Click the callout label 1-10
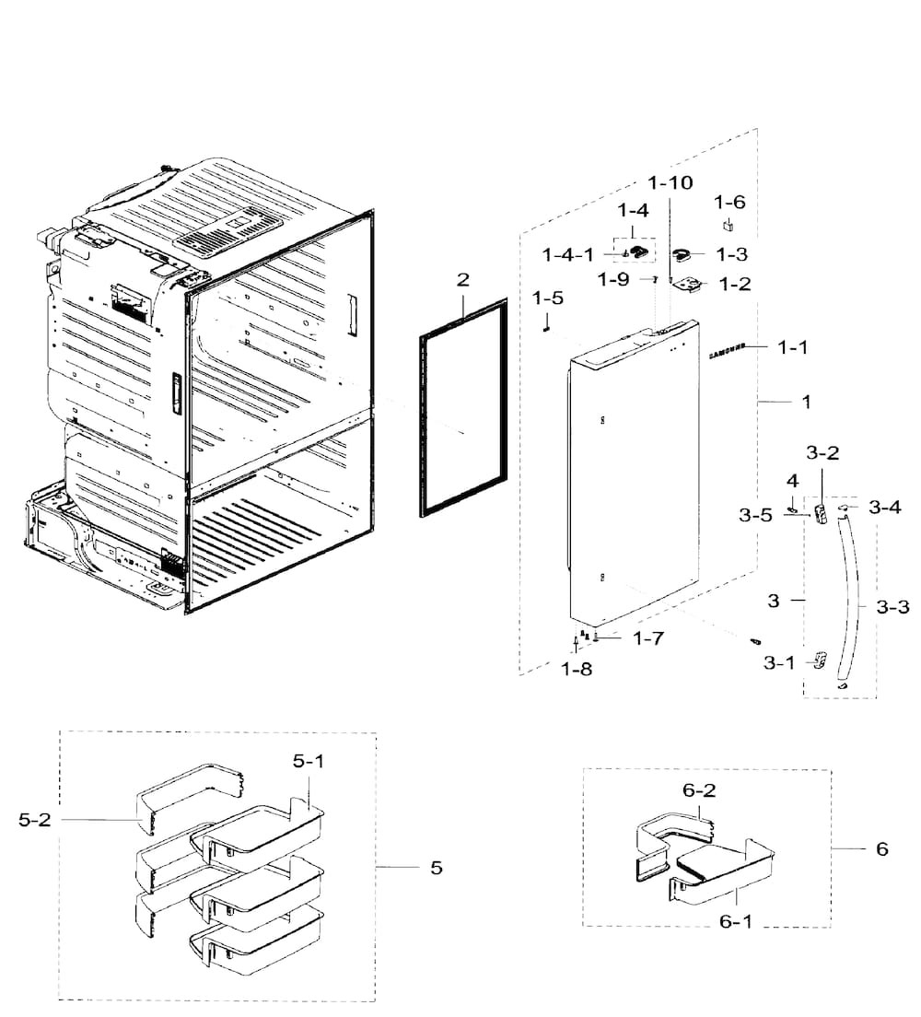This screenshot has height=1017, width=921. pyautogui.click(x=670, y=183)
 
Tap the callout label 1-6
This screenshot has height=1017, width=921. pyautogui.click(x=729, y=203)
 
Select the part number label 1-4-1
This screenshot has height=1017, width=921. pyautogui.click(x=568, y=255)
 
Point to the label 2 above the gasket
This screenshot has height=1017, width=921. pyautogui.click(x=462, y=279)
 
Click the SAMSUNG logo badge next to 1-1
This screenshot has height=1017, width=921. pyautogui.click(x=727, y=351)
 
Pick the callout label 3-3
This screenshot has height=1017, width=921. pyautogui.click(x=892, y=608)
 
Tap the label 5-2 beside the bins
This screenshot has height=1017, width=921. pyautogui.click(x=34, y=820)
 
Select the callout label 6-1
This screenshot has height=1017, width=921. pyautogui.click(x=736, y=921)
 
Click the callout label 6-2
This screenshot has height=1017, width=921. pyautogui.click(x=699, y=790)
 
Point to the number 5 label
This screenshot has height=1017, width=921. pyautogui.click(x=437, y=868)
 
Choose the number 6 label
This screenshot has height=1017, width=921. pyautogui.click(x=882, y=848)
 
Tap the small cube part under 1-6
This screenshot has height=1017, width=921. pyautogui.click(x=728, y=226)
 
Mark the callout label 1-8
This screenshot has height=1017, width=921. pyautogui.click(x=577, y=670)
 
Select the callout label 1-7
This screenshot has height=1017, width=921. pyautogui.click(x=648, y=639)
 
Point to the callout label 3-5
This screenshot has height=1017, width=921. pyautogui.click(x=755, y=515)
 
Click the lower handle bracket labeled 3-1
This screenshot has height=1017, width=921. pyautogui.click(x=820, y=660)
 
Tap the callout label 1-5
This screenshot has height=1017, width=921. pyautogui.click(x=548, y=298)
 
